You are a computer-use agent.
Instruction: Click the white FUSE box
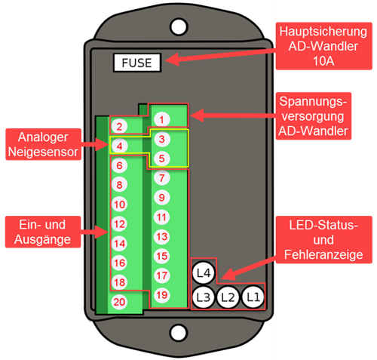(x=137, y=63)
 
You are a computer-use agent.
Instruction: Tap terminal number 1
(x=161, y=120)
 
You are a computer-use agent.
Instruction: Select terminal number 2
(x=119, y=126)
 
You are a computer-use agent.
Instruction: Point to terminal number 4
(x=119, y=146)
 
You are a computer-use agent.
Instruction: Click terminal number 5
(x=161, y=158)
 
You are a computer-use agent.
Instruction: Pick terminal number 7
(x=161, y=178)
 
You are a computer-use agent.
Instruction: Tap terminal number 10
(x=119, y=205)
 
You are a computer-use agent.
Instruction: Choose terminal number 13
(x=161, y=237)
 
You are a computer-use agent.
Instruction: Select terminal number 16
(x=119, y=263)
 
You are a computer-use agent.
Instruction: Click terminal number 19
(x=161, y=295)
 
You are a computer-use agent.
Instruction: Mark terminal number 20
(x=119, y=302)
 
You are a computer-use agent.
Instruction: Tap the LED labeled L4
(x=204, y=273)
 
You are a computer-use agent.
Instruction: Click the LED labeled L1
(x=253, y=297)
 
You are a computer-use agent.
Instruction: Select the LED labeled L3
(x=203, y=297)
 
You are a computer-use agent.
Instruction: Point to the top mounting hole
(x=179, y=26)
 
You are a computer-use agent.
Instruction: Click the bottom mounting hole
(x=179, y=333)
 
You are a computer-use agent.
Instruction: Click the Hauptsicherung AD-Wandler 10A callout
(x=323, y=46)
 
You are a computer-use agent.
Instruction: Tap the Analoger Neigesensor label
(x=43, y=144)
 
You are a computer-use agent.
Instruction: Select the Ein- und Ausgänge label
(x=43, y=232)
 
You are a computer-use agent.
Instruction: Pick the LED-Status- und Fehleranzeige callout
(x=323, y=239)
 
